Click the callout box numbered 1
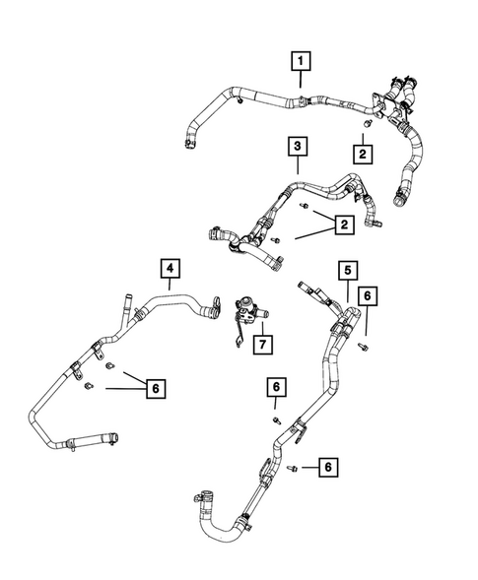point(301,63)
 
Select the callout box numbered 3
point(298,148)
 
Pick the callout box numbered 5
point(347,269)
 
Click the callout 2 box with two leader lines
point(343,226)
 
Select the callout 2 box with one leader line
point(363,155)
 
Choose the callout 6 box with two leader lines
point(154,389)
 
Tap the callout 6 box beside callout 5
point(367,294)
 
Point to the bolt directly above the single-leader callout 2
point(365,127)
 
